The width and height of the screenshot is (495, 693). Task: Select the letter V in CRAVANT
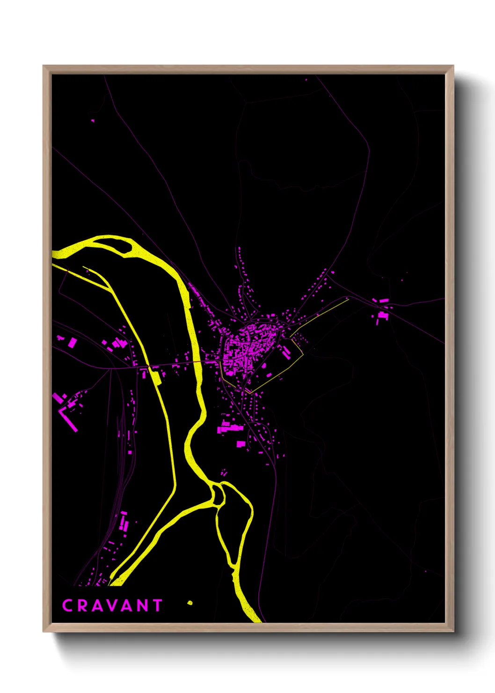112,605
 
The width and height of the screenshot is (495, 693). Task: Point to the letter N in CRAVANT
143,605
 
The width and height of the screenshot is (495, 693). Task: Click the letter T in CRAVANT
157,605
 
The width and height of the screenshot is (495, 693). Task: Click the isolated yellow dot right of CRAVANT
190,603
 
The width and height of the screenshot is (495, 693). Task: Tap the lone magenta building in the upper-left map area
93,121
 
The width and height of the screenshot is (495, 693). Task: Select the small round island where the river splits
218,494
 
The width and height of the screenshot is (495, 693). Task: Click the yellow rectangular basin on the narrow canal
154,375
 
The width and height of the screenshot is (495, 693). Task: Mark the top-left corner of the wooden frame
44,66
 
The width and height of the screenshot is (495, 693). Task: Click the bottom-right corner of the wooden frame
453,631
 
